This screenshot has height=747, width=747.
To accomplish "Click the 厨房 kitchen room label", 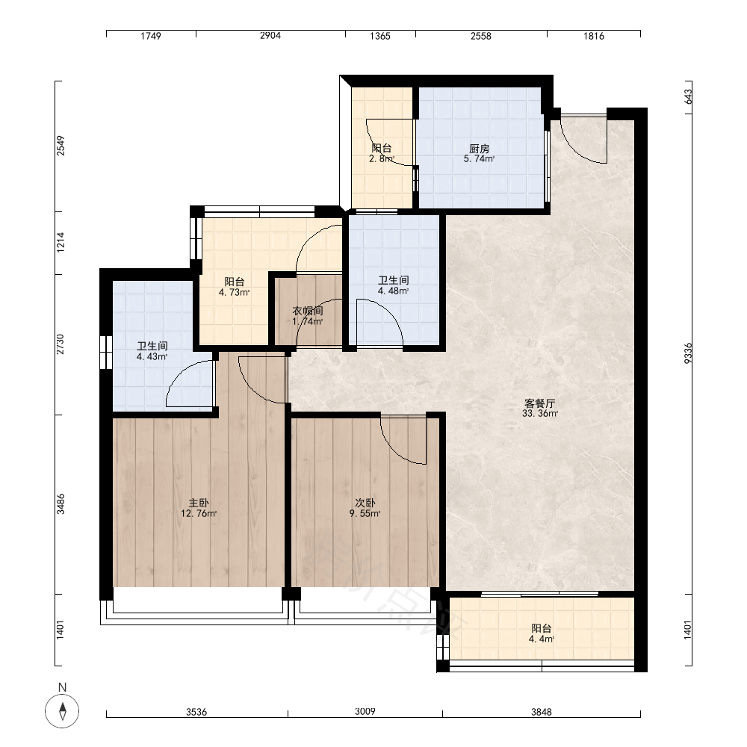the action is point(479,149).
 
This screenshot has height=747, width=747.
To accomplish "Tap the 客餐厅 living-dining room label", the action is point(539,403).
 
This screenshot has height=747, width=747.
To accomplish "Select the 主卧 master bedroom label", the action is point(199,503).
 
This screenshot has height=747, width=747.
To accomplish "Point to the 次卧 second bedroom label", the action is point(365,503).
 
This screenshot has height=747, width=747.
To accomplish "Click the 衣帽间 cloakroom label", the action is point(308,311).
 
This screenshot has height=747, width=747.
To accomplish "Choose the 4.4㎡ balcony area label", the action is point(541,639).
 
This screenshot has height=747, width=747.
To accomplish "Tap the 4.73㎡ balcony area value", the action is point(234,292).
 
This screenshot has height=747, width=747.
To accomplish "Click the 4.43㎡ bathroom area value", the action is point(152,356).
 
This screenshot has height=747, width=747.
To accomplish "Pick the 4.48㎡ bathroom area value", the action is point(393,291).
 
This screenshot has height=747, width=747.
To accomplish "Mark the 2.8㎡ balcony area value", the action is point(381,158).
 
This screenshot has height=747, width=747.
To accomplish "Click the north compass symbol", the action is point(62,711).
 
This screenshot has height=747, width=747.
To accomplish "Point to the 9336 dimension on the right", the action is point(688,353).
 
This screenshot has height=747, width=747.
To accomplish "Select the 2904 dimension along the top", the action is point(270,35).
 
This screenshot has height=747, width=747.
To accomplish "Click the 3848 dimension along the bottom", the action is point(541,712).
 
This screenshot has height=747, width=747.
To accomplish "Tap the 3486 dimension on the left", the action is point(61,503).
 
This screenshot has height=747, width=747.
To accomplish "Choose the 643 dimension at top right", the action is point(688,96).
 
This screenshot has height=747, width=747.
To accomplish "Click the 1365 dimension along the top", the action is point(379,36).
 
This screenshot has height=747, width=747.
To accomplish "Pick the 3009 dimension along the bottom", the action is point(365,711).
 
